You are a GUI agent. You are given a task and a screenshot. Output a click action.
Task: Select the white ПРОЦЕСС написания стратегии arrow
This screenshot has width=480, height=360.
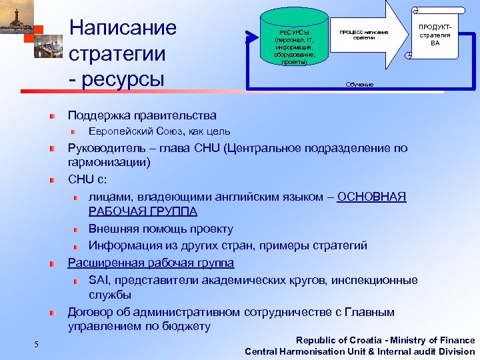pos(363,37)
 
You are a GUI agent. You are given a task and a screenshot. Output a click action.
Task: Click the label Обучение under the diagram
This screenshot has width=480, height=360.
pos(359,85)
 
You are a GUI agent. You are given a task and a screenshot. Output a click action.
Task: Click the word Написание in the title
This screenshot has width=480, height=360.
pos(123,28)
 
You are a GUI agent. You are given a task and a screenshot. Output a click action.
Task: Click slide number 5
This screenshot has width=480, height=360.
pos(37,344)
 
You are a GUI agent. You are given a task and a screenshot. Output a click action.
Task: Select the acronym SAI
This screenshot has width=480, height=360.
pos(99,280)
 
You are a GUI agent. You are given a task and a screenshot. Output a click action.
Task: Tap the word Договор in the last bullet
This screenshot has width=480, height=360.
pos(91,312)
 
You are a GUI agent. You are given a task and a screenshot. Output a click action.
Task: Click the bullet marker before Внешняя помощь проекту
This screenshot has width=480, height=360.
pos(77,229)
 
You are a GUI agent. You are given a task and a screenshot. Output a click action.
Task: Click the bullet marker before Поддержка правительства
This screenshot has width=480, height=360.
pos(52,116)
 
